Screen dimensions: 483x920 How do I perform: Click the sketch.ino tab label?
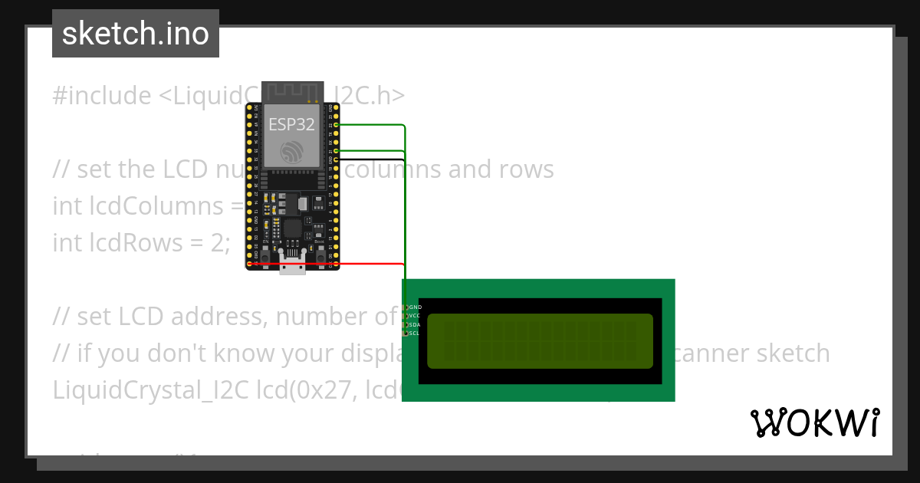pyautogui.click(x=135, y=34)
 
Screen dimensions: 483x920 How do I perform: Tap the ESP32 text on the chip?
pyautogui.click(x=291, y=125)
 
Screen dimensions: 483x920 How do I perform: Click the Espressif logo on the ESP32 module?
pyautogui.click(x=291, y=151)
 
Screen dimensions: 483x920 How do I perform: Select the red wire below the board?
pyautogui.click(x=368, y=263)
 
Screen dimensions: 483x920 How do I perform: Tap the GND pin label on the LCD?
pyautogui.click(x=416, y=307)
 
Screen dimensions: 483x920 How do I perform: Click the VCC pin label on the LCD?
pyautogui.click(x=415, y=316)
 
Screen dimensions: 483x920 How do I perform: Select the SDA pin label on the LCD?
pyautogui.click(x=415, y=325)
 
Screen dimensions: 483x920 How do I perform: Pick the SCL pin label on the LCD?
pyautogui.click(x=415, y=333)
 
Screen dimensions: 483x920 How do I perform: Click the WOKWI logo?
pyautogui.click(x=814, y=423)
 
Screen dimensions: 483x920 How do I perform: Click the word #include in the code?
pyautogui.click(x=102, y=96)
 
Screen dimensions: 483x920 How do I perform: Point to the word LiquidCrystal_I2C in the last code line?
pyautogui.click(x=140, y=390)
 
